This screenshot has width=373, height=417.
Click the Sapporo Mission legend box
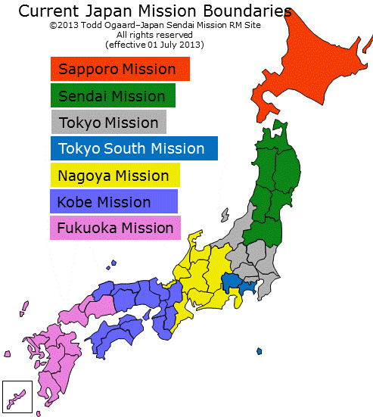click(x=120, y=70)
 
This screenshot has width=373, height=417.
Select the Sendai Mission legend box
click(x=113, y=96)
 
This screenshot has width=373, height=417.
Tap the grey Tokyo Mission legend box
click(x=108, y=123)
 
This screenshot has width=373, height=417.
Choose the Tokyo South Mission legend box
click(x=133, y=149)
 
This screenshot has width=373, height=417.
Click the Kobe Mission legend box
click(x=113, y=202)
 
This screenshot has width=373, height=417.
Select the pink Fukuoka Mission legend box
click(x=115, y=228)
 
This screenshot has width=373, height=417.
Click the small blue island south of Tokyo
click(x=259, y=351)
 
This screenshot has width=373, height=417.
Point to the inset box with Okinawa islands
click(x=17, y=396)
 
